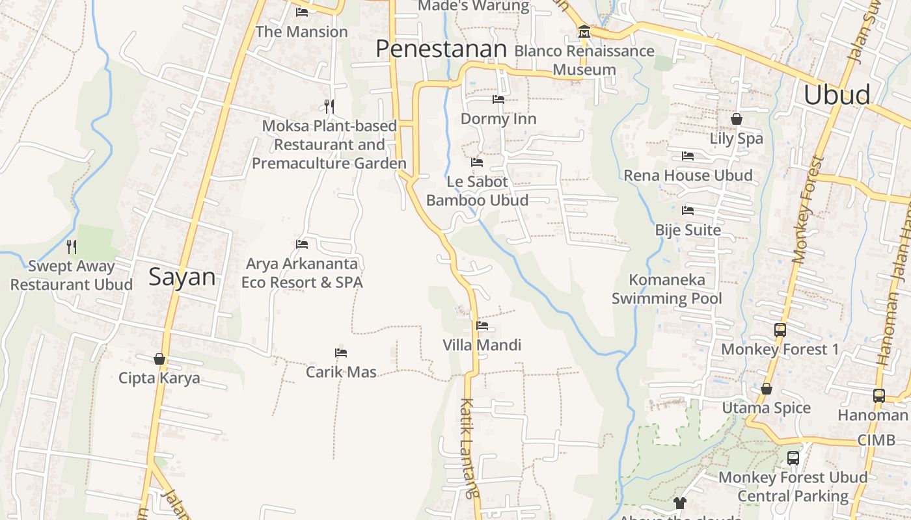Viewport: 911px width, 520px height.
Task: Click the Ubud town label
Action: click(x=837, y=95)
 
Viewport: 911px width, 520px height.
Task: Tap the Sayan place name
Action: click(x=182, y=277)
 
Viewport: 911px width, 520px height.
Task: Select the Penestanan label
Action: click(x=441, y=49)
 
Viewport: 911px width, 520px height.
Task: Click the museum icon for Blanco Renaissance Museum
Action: click(x=584, y=32)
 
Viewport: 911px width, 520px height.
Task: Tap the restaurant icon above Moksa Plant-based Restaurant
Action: click(x=329, y=106)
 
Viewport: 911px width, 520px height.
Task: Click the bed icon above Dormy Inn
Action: click(x=498, y=99)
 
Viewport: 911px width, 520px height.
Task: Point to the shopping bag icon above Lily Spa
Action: click(x=737, y=119)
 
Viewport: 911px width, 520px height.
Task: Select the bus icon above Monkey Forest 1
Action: click(x=780, y=330)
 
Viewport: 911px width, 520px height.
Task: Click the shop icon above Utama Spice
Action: click(x=767, y=389)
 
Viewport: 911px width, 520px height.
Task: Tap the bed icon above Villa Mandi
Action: click(x=482, y=326)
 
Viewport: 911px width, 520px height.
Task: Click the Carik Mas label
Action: click(x=341, y=372)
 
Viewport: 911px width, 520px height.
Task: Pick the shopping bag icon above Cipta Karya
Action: click(x=159, y=359)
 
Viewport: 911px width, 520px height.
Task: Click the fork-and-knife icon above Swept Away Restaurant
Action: click(x=72, y=246)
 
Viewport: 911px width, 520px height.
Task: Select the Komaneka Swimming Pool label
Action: click(x=667, y=289)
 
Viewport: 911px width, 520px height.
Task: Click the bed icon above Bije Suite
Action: click(x=688, y=211)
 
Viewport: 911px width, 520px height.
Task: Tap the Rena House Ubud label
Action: click(x=688, y=175)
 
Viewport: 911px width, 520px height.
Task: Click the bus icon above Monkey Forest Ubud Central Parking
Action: click(x=793, y=458)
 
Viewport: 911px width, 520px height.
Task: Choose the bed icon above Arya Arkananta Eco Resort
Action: click(x=302, y=244)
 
